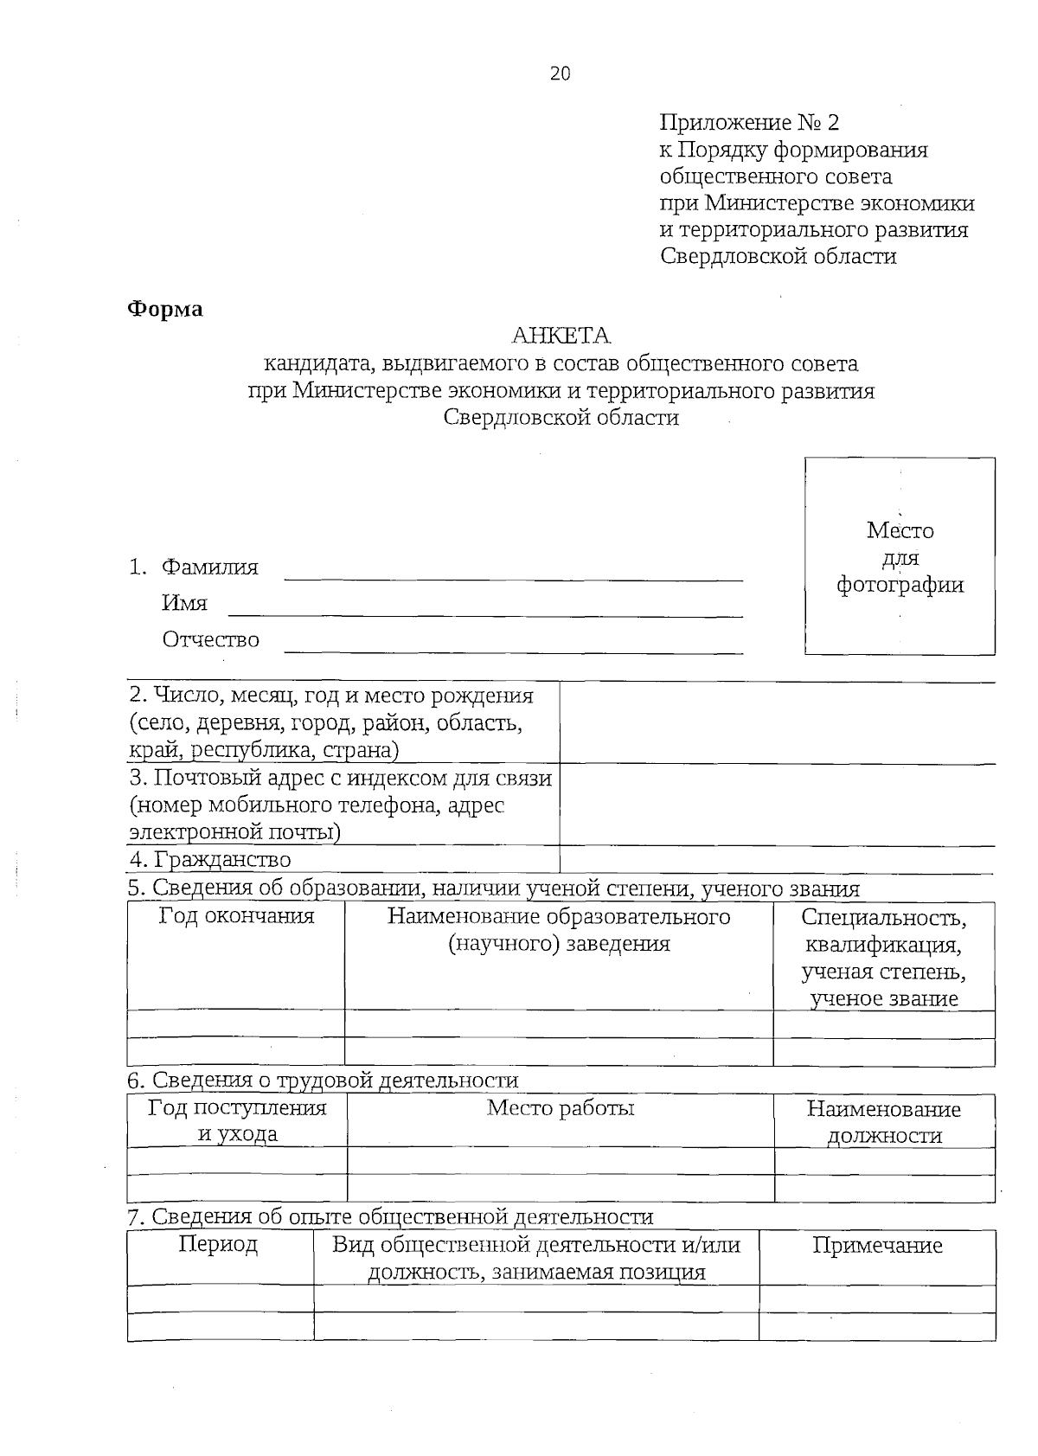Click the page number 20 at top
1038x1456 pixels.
click(x=560, y=74)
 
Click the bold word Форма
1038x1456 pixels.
click(x=164, y=309)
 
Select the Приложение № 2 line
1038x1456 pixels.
click(x=749, y=122)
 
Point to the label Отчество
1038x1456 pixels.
click(x=210, y=639)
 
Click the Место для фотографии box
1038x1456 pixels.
click(x=900, y=556)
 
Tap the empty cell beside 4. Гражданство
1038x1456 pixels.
click(x=777, y=859)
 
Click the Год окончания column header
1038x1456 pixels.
click(x=236, y=916)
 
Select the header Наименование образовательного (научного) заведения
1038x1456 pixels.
click(x=559, y=930)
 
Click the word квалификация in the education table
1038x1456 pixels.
click(x=882, y=944)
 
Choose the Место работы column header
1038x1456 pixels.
click(x=561, y=1108)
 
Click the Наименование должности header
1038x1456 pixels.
click(x=883, y=1121)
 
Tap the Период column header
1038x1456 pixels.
click(x=218, y=1245)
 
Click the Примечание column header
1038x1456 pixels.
click(x=877, y=1246)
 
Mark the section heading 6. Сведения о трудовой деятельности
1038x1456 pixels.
click(x=323, y=1081)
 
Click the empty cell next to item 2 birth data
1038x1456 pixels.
click(x=777, y=722)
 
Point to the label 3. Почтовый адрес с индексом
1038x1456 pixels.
click(x=340, y=778)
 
